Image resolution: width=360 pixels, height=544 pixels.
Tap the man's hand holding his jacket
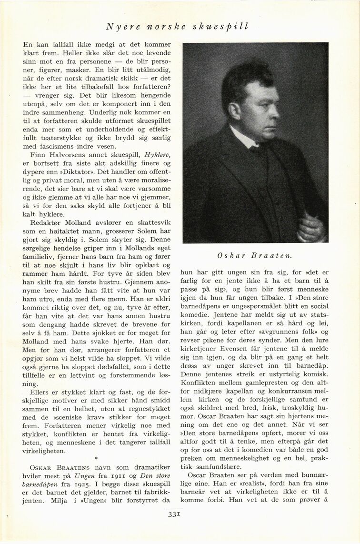(311, 228)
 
